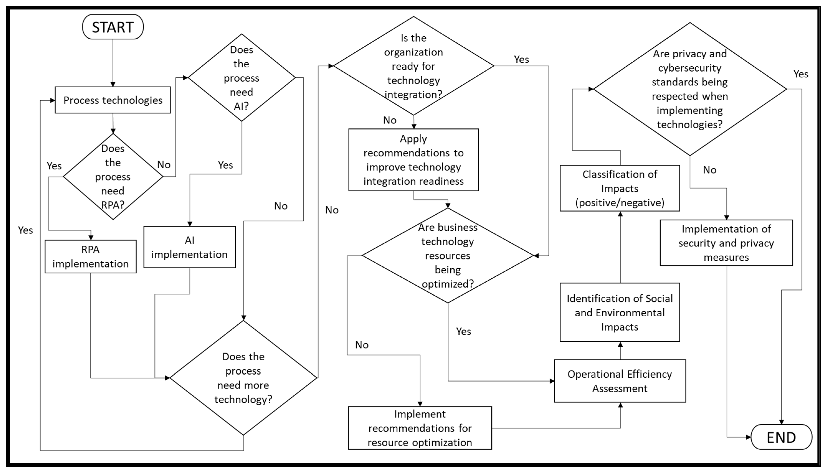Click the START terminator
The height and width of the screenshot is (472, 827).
click(113, 27)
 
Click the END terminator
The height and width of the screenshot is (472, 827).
click(781, 437)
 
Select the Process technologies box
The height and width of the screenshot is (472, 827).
click(113, 100)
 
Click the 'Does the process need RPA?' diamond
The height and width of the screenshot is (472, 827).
click(113, 177)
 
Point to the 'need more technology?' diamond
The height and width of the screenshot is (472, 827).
click(243, 378)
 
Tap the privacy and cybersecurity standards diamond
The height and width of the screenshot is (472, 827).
click(690, 89)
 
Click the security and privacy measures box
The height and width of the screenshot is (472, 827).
click(726, 243)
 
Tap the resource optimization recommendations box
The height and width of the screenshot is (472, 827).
click(420, 428)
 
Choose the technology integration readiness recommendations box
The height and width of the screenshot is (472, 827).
click(413, 160)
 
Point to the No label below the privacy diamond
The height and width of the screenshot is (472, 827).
click(709, 170)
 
